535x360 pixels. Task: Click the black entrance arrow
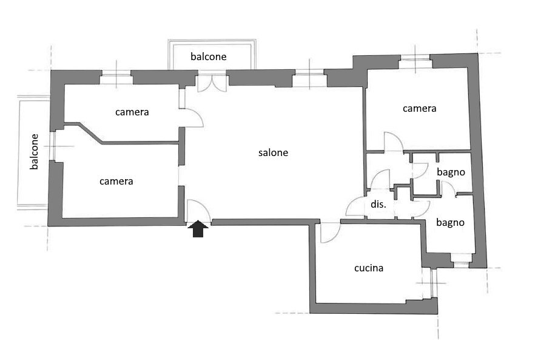click(x=198, y=228)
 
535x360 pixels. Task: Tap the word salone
click(x=273, y=152)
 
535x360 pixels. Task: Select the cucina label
click(x=369, y=268)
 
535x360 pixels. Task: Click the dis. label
click(x=379, y=204)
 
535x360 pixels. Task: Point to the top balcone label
click(x=209, y=56)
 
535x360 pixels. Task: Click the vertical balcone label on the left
click(x=34, y=152)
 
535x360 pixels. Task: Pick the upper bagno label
click(x=451, y=172)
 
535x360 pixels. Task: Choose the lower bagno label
click(x=450, y=223)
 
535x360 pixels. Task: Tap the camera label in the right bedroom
click(x=419, y=108)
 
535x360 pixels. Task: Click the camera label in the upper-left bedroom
click(x=132, y=112)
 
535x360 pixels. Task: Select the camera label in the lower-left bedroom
click(x=116, y=181)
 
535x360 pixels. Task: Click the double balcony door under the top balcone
click(x=212, y=81)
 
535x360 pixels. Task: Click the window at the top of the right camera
click(x=415, y=64)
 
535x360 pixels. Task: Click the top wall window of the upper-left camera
click(x=116, y=77)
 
